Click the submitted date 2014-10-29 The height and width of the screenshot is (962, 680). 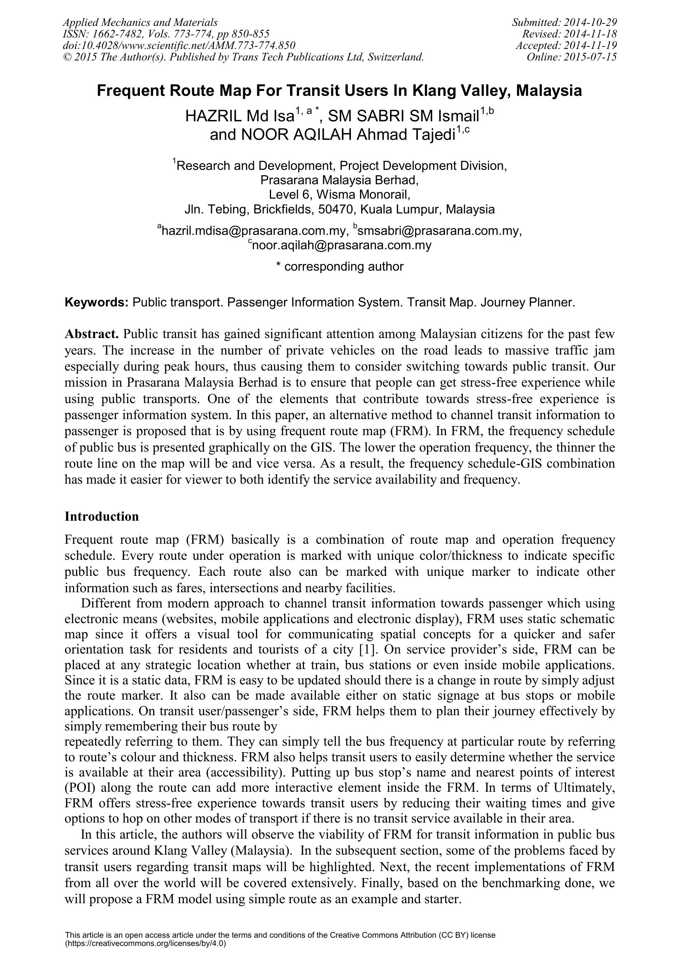588,22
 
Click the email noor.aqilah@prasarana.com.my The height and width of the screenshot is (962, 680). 341,245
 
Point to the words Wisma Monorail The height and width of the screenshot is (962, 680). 362,195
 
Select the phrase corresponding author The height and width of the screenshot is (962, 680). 343,267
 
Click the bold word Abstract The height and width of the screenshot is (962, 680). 92,334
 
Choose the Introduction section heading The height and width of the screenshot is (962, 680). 101,516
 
